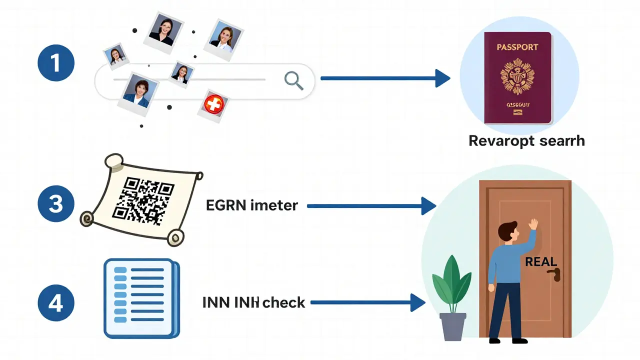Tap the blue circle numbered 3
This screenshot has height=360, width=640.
56,204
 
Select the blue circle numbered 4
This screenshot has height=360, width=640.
56,303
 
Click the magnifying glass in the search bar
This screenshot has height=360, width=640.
293,80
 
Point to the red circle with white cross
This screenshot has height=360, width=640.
212,104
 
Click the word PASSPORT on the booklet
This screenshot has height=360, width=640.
517,47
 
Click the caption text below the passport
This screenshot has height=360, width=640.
526,141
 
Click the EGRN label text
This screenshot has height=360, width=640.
251,205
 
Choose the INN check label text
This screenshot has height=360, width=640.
253,302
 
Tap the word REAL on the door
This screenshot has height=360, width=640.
541,262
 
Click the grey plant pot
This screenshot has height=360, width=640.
452,326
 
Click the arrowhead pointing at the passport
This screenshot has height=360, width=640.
442,78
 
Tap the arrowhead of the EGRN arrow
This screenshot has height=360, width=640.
428,205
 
